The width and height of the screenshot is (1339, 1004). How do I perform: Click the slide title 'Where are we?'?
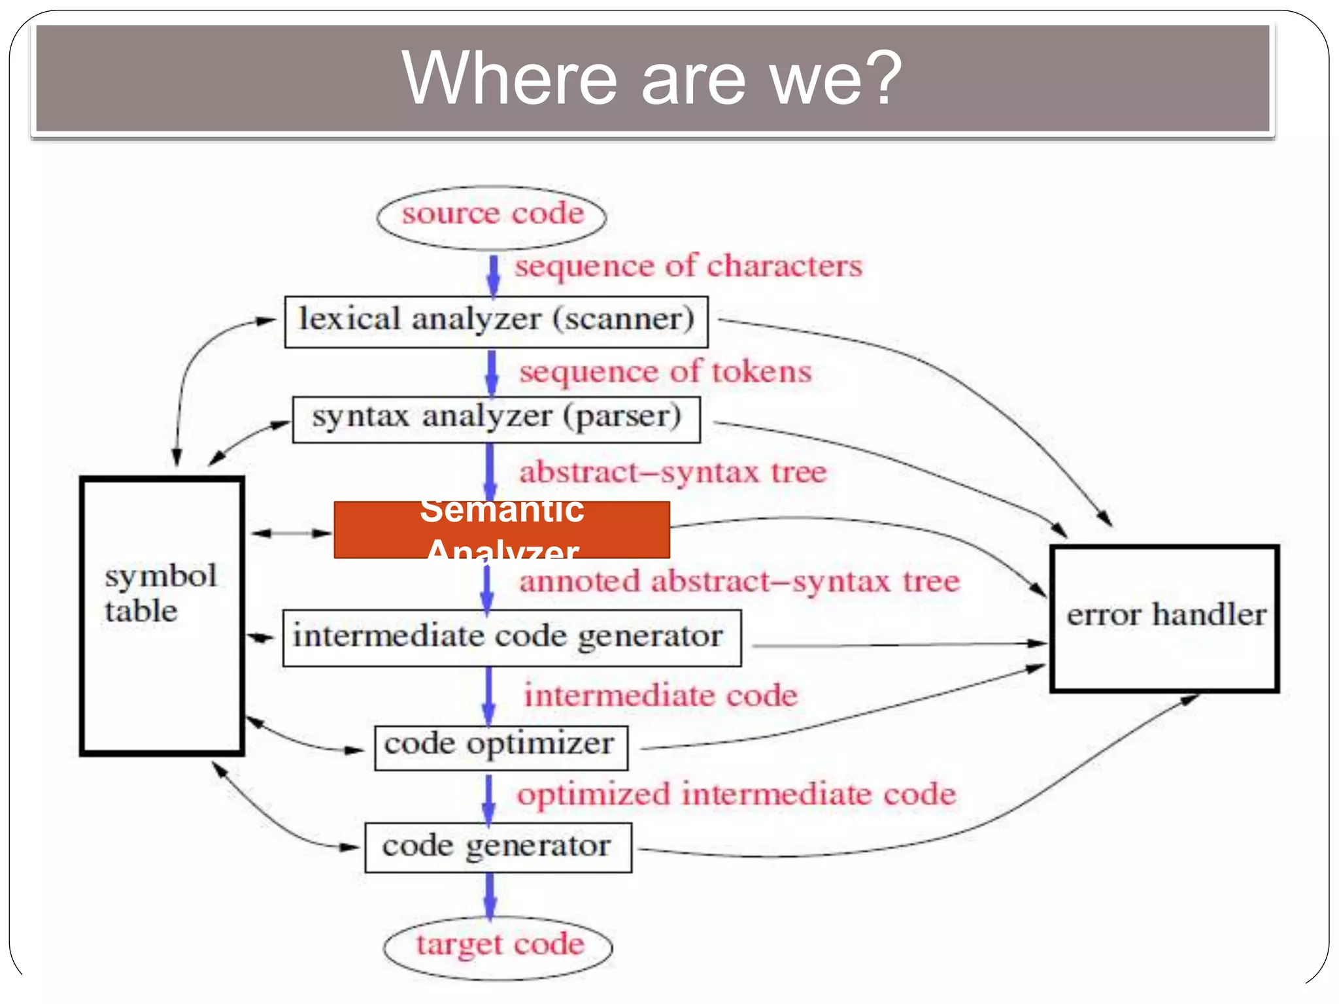pyautogui.click(x=652, y=78)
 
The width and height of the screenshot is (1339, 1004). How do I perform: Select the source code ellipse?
pyautogui.click(x=492, y=216)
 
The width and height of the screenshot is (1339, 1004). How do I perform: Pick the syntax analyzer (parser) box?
pyautogui.click(x=496, y=419)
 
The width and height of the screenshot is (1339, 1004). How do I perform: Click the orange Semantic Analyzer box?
pyautogui.click(x=501, y=530)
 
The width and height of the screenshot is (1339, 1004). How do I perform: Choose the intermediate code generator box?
pyautogui.click(x=511, y=638)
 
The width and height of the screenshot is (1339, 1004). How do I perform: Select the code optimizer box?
pyautogui.click(x=501, y=747)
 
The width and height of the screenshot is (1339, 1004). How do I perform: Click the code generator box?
pyautogui.click(x=498, y=847)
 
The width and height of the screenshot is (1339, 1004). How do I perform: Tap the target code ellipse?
pyautogui.click(x=498, y=946)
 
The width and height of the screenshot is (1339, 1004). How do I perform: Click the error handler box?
pyautogui.click(x=1164, y=618)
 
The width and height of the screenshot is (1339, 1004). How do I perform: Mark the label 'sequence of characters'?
pyautogui.click(x=688, y=267)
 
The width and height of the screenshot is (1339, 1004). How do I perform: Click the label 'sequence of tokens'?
pyautogui.click(x=665, y=372)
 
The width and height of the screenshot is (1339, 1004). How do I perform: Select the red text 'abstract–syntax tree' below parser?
pyautogui.click(x=673, y=473)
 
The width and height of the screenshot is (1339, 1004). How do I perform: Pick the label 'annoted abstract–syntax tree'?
pyautogui.click(x=739, y=582)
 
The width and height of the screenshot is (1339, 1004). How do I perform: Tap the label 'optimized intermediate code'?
pyautogui.click(x=736, y=795)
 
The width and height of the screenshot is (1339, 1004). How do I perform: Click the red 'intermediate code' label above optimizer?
pyautogui.click(x=660, y=695)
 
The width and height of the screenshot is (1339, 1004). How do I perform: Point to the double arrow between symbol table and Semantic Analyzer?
pyautogui.click(x=292, y=533)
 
